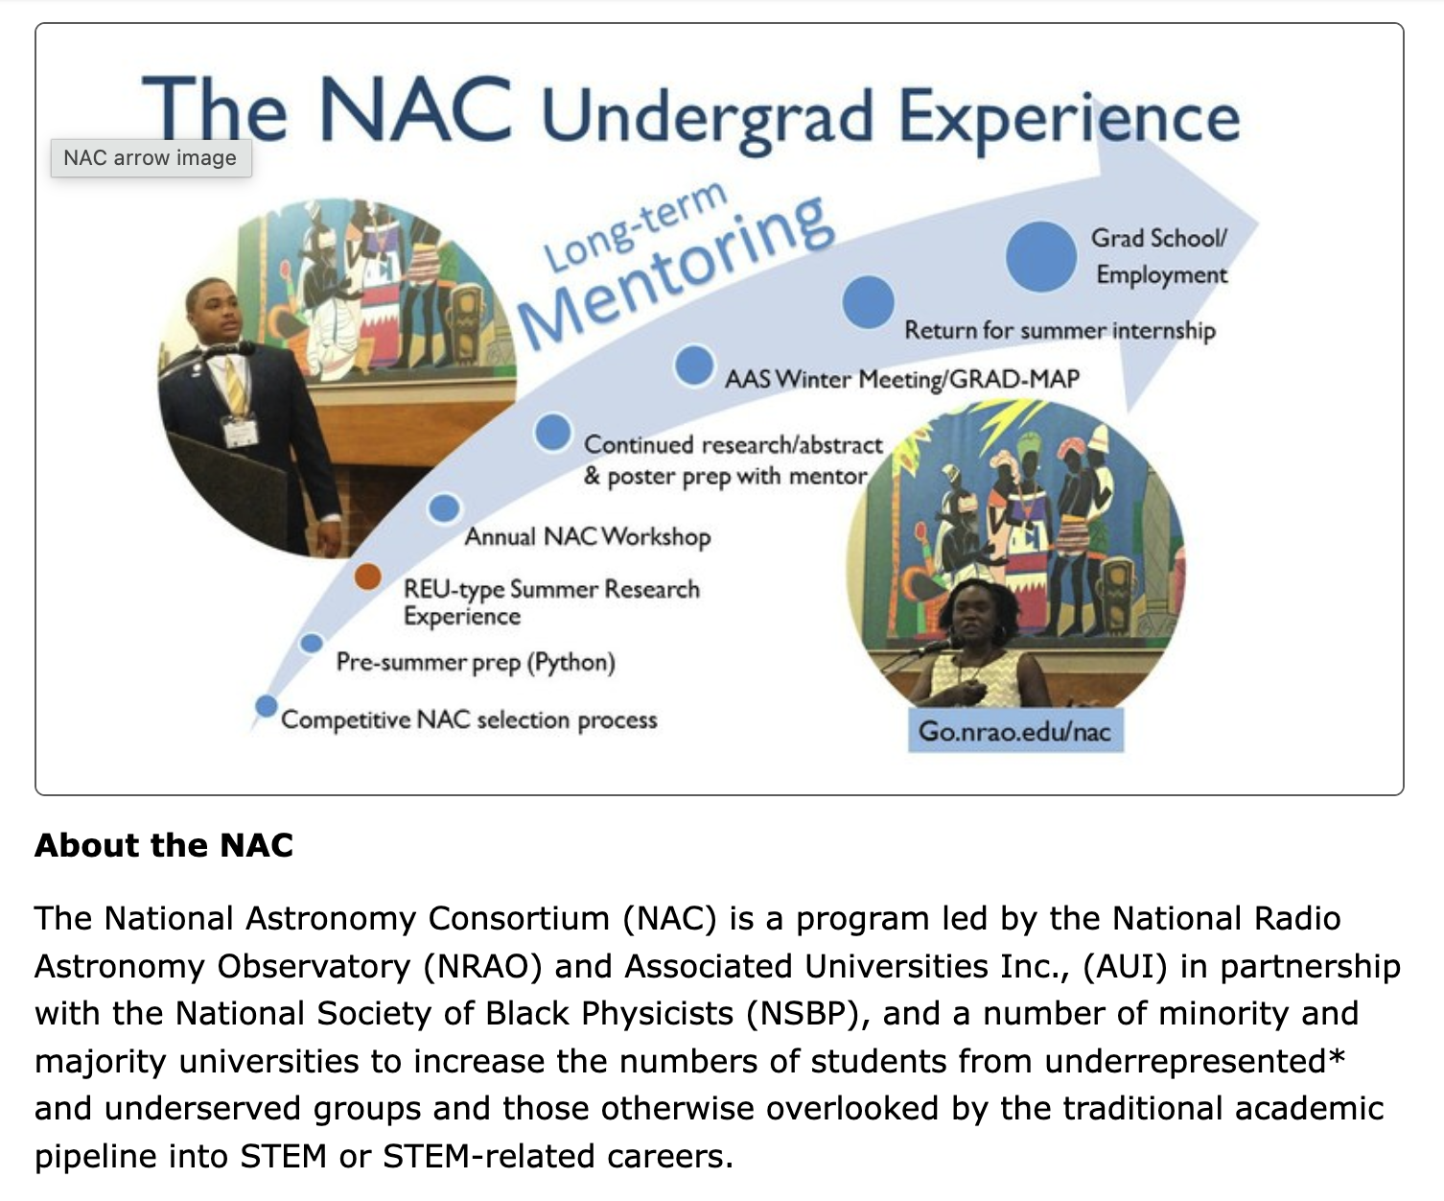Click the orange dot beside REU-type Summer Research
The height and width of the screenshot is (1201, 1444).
(368, 576)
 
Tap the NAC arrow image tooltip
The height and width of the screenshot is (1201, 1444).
(151, 157)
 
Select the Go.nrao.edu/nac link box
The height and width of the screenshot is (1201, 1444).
(1015, 731)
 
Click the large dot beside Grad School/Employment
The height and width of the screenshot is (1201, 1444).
(1041, 256)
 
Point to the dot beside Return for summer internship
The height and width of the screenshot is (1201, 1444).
(868, 302)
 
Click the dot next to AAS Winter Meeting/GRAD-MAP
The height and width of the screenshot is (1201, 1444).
(693, 365)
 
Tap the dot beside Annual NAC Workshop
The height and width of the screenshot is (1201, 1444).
(445, 507)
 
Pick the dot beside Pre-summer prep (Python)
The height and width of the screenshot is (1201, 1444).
(312, 644)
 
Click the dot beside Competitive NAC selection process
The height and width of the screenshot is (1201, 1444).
(266, 706)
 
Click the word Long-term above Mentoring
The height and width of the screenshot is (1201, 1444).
(635, 225)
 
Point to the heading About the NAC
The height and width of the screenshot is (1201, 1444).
(164, 845)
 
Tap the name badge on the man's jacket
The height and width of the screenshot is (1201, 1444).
(240, 431)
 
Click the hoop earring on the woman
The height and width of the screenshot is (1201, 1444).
(1000, 634)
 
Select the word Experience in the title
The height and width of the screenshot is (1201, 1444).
(1069, 118)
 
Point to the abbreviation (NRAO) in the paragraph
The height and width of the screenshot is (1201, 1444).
(482, 967)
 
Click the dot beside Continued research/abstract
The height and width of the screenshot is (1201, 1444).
(552, 433)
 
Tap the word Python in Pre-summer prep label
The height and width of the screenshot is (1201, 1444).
(571, 663)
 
